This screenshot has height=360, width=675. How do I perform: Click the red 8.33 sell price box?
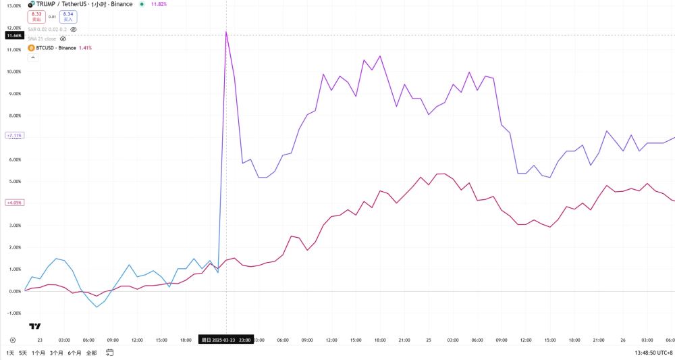pyautogui.click(x=37, y=16)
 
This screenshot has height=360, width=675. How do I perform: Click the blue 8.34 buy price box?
pyautogui.click(x=67, y=16)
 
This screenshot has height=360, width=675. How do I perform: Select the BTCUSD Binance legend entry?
pyautogui.click(x=57, y=48)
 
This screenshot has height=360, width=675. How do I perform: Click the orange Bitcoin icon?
pyautogui.click(x=30, y=48)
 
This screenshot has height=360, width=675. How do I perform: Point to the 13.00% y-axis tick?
pyautogui.click(x=13, y=5)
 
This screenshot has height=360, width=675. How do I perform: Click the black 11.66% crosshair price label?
pyautogui.click(x=13, y=35)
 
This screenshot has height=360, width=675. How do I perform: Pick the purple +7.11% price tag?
pyautogui.click(x=13, y=136)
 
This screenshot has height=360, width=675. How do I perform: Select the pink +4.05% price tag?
pyautogui.click(x=13, y=202)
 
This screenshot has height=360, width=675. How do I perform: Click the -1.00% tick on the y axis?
pyautogui.click(x=13, y=313)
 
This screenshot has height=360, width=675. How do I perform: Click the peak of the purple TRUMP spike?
pyautogui.click(x=226, y=32)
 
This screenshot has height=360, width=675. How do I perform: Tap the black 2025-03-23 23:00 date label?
pyautogui.click(x=225, y=340)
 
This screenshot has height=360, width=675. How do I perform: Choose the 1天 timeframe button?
pyautogui.click(x=10, y=353)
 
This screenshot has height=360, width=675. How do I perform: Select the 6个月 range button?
pyautogui.click(x=75, y=353)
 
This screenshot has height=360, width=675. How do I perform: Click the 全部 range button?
pyautogui.click(x=92, y=353)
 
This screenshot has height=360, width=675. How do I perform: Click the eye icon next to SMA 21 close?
pyautogui.click(x=63, y=39)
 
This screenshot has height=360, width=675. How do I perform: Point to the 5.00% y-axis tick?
pyautogui.click(x=13, y=182)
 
